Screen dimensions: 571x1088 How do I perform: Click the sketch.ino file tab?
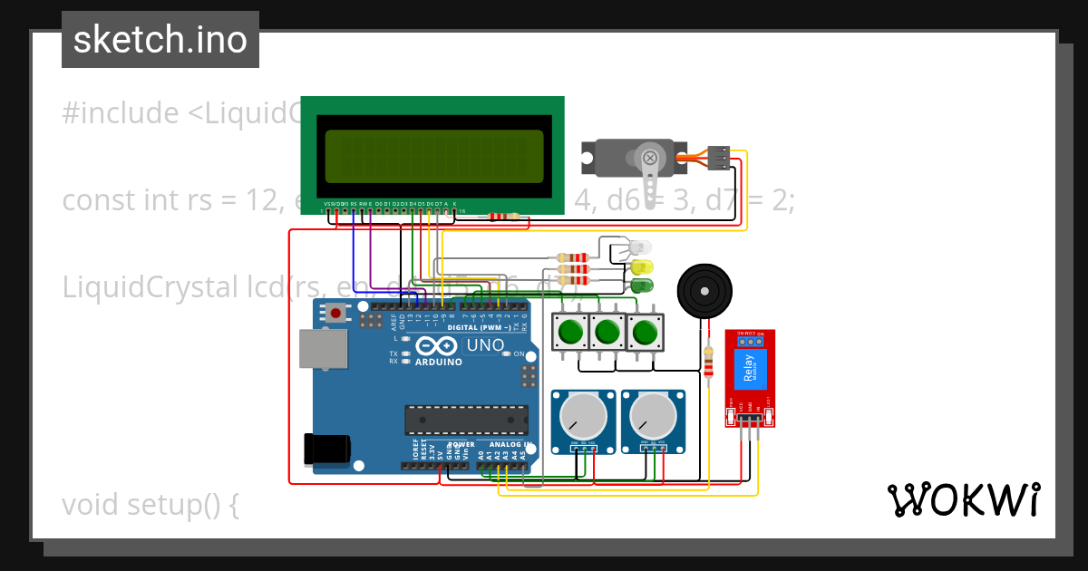coord(160,40)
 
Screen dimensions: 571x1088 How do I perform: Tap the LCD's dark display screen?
coord(433,155)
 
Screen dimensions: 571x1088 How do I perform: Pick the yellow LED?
coord(642,267)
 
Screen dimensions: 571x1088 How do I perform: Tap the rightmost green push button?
coord(645,333)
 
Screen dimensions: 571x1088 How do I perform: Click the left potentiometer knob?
coord(583,418)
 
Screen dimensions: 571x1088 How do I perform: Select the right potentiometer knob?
coord(654,418)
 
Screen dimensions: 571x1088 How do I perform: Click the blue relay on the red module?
coord(749,369)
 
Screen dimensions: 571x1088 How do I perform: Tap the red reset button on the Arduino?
coord(336,314)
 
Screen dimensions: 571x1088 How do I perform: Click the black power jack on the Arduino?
coord(326,450)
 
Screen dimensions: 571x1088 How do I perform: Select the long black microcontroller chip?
coord(466,420)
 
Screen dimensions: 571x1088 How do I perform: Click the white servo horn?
coord(650,172)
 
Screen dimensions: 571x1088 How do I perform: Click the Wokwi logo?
coord(963,500)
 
